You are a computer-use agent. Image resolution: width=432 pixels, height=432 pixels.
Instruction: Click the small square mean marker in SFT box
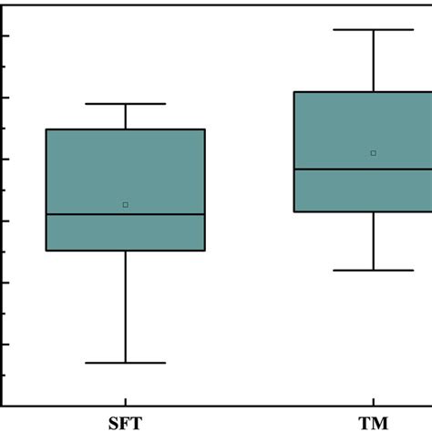[126, 204]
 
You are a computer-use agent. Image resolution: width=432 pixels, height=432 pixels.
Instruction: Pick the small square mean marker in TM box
[374, 153]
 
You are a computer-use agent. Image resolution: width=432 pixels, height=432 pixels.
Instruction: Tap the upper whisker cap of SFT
[126, 104]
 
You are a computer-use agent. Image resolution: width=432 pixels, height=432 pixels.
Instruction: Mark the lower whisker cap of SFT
[126, 363]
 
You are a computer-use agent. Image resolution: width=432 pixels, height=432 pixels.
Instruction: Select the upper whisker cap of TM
[374, 29]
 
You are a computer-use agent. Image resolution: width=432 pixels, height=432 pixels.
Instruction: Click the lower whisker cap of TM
[374, 270]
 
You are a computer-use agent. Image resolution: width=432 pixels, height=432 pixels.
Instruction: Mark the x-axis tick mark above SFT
[126, 401]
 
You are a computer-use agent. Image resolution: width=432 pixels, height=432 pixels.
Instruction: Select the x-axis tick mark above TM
[374, 401]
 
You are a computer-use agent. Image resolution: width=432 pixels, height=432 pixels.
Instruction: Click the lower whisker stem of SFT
[126, 306]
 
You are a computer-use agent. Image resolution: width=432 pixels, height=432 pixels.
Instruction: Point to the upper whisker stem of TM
[374, 60]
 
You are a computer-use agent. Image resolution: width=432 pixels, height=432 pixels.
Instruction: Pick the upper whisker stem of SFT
[126, 117]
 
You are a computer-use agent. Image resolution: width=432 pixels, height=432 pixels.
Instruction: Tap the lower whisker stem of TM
[374, 241]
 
